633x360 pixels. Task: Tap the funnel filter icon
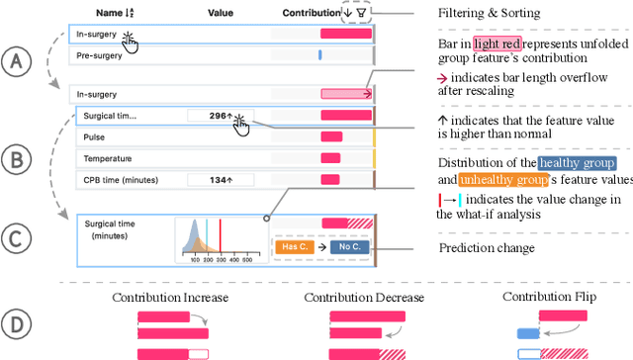click(362, 13)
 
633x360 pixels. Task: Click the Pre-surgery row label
click(99, 57)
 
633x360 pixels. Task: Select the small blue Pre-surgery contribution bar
click(319, 57)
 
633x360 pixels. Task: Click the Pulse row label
click(94, 137)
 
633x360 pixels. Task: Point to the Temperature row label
click(105, 158)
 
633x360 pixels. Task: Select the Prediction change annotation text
click(487, 247)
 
